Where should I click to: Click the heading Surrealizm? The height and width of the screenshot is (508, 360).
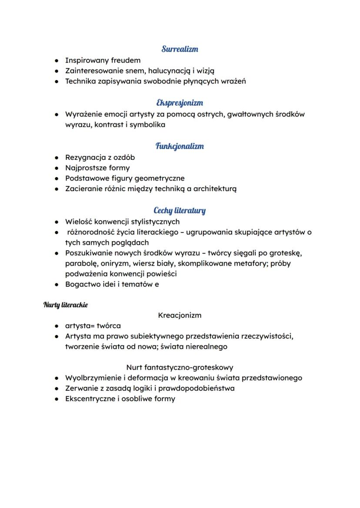pyautogui.click(x=180, y=49)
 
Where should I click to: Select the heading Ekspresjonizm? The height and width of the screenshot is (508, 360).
pyautogui.click(x=180, y=103)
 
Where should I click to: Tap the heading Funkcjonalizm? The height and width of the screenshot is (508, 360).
pyautogui.click(x=180, y=146)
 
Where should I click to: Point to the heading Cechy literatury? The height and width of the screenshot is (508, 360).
pyautogui.click(x=180, y=211)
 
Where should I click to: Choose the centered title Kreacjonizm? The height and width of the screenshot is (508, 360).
pyautogui.click(x=180, y=315)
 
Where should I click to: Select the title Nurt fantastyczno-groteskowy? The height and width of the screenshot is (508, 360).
pyautogui.click(x=180, y=367)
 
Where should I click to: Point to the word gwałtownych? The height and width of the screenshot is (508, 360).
pyautogui.click(x=250, y=114)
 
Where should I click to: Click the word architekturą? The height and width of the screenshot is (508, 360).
pyautogui.click(x=210, y=189)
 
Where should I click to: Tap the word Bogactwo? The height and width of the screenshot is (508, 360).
pyautogui.click(x=83, y=285)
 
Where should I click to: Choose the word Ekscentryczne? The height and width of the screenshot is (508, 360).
pyautogui.click(x=90, y=398)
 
